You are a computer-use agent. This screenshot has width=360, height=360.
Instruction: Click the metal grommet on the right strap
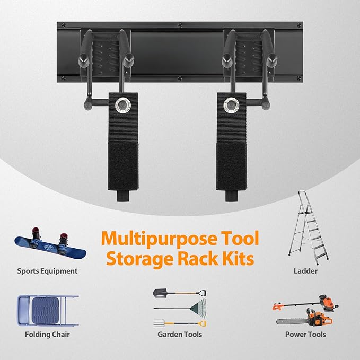point(231,102)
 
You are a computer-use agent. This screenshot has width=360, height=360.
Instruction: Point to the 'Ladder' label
point(305,271)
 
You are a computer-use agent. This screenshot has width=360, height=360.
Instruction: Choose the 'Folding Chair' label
point(47,335)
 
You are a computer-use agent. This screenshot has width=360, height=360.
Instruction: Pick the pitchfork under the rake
point(180,322)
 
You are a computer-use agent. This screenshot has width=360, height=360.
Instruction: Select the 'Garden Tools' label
point(180,335)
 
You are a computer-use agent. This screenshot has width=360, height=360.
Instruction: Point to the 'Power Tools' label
point(305,335)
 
